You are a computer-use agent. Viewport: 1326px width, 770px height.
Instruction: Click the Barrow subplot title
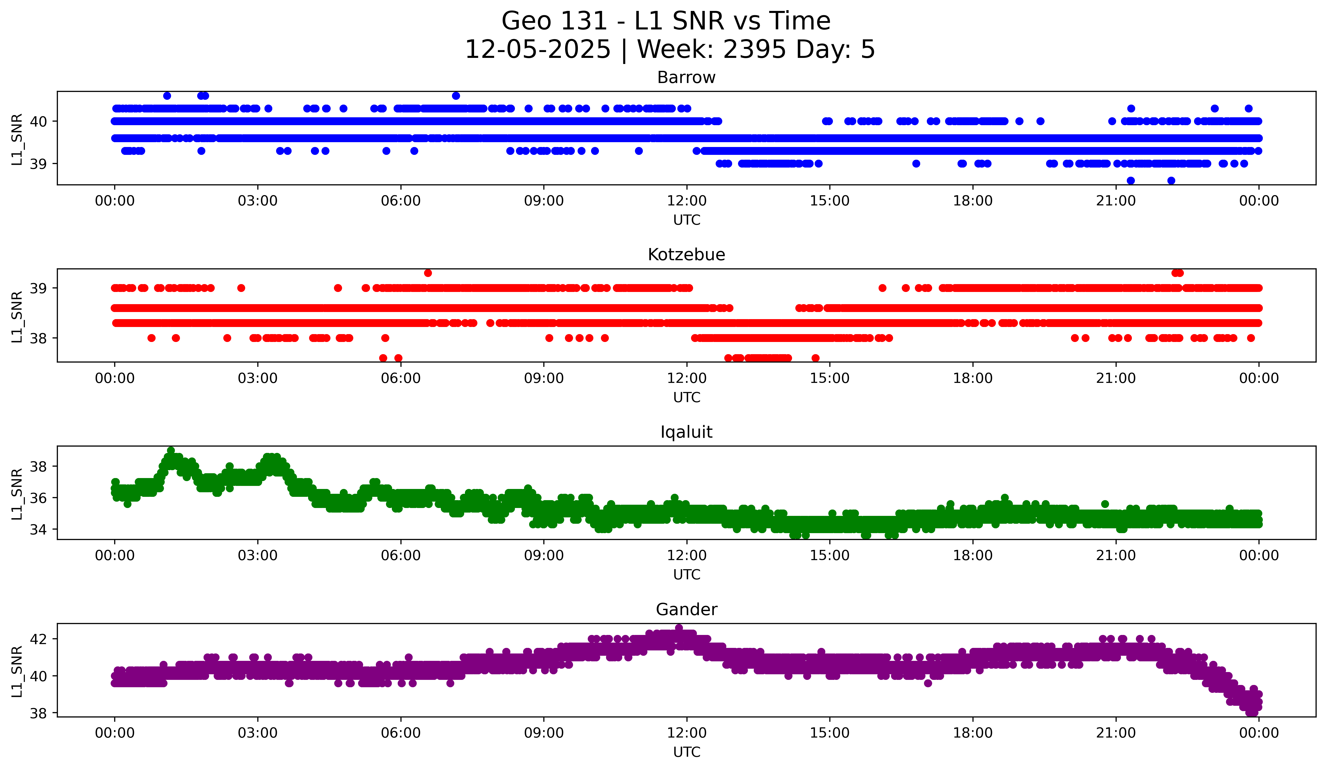(x=686, y=78)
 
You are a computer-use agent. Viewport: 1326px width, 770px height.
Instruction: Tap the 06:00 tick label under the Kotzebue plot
(x=400, y=379)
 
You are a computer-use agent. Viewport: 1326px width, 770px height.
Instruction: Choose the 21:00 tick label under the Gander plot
(x=1116, y=733)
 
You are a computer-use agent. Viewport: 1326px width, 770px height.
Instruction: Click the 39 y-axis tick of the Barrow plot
(x=38, y=164)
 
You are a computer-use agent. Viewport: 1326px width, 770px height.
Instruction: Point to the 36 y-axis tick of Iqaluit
(x=38, y=498)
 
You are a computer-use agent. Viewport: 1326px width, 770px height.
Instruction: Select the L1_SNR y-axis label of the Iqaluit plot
(x=17, y=494)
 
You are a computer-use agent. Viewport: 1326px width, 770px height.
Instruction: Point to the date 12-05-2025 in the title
(x=538, y=50)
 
